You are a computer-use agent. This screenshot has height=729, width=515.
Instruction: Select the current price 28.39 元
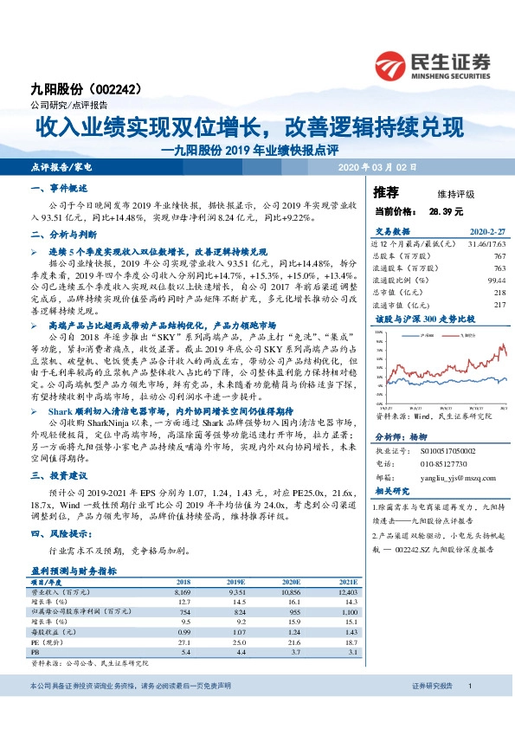pyautogui.click(x=447, y=210)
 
